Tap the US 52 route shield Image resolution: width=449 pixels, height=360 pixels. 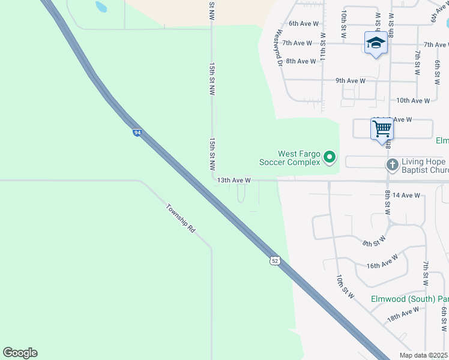tap(274, 260)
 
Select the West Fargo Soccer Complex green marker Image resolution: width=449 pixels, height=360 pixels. tap(330, 158)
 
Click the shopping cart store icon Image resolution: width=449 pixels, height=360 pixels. tap(382, 128)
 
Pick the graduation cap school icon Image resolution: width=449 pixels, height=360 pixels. tap(376, 43)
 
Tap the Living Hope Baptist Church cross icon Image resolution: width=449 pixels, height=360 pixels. tap(392, 164)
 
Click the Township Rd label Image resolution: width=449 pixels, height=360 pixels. tap(181, 220)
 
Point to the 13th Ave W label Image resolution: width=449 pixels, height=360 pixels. tap(234, 180)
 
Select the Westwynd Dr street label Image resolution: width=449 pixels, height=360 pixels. tap(279, 48)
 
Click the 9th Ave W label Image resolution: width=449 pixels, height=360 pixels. tap(351, 80)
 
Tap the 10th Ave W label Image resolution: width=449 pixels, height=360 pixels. tap(413, 101)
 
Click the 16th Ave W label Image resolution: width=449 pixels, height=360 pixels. tap(382, 262)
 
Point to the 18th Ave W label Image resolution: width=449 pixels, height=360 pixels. tap(403, 314)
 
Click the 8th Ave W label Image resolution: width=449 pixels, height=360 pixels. tap(301, 61)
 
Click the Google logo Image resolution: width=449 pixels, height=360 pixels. tap(20, 353)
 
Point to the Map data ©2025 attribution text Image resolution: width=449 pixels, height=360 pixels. tap(423, 355)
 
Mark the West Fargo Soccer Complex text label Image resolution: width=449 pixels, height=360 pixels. tap(289, 158)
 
